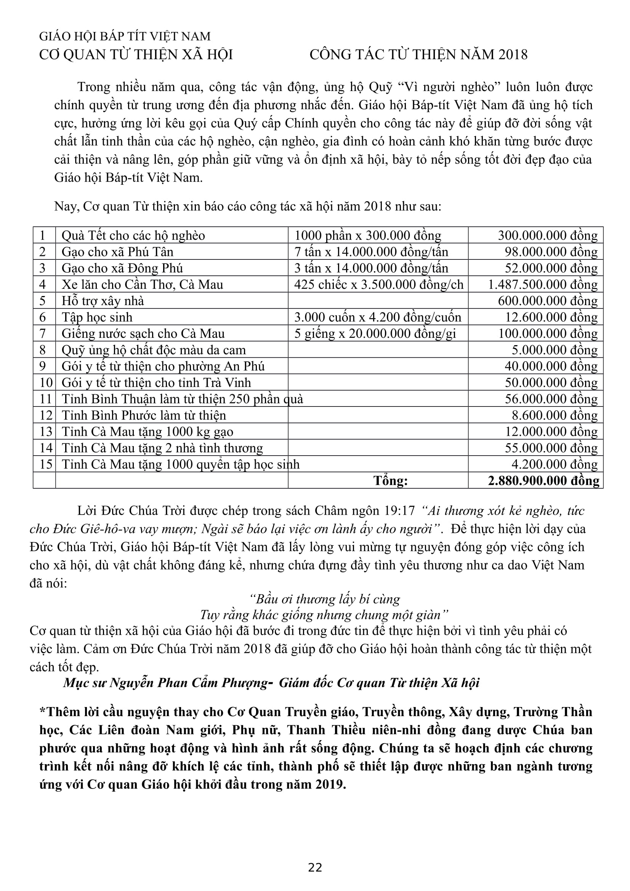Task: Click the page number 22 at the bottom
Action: (315, 867)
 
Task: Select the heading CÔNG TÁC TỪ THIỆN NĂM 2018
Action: (418, 55)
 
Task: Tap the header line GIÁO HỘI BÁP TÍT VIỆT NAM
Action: (125, 37)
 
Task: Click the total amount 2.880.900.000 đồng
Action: (543, 480)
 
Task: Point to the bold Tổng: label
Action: (391, 481)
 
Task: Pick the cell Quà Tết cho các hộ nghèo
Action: (133, 235)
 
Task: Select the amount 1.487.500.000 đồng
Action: (543, 285)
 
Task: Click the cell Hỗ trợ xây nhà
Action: (103, 301)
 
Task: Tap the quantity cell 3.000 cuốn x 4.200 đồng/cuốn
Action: (378, 317)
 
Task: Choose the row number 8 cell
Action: (43, 350)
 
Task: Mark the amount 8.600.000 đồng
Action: (555, 415)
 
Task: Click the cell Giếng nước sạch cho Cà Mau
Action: (143, 334)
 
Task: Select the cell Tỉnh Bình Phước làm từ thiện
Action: (144, 415)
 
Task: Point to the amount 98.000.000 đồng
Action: (551, 252)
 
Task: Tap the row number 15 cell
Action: (46, 464)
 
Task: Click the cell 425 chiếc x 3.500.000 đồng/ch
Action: (378, 285)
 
